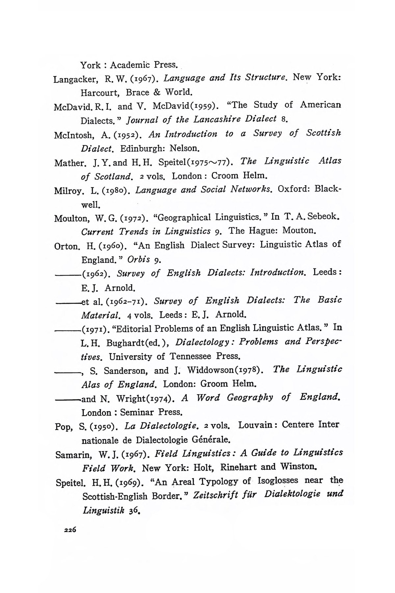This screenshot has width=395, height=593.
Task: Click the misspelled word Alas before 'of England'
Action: pyautogui.click(x=91, y=384)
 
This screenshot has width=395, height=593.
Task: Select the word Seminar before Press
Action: pyautogui.click(x=138, y=412)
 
